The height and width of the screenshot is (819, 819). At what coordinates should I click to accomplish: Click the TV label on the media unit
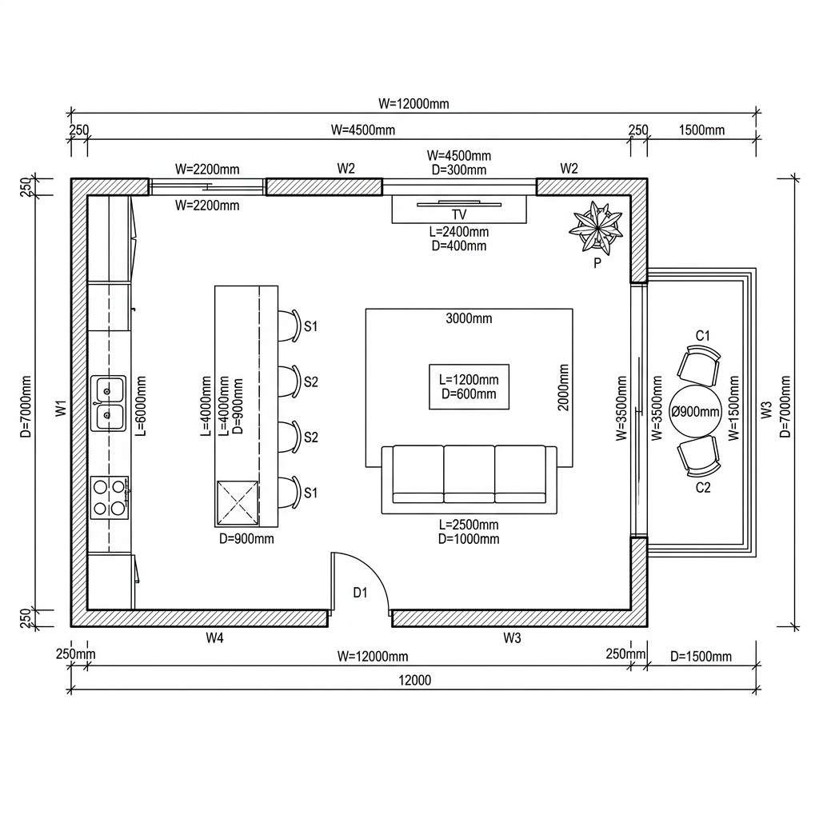pos(458,214)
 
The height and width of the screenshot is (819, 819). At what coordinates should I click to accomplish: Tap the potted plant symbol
pos(596,226)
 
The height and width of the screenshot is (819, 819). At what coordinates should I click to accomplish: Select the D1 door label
pos(361,593)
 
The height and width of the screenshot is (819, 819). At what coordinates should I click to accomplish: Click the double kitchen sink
pos(108,403)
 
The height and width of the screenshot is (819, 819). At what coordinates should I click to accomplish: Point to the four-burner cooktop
pos(109,497)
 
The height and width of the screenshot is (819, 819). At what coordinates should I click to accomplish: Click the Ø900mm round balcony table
pos(695,412)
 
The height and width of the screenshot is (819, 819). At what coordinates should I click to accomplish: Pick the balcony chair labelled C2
pos(699,457)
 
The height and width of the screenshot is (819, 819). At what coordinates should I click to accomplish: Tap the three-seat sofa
pos(469,479)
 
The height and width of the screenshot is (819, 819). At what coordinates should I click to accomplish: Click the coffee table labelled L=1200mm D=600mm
pos(469,386)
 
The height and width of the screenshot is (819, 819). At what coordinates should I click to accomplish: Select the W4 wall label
pos(214,637)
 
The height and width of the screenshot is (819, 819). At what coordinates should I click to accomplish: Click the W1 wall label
pos(62,408)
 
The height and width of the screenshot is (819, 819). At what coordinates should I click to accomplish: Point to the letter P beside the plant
pos(597,263)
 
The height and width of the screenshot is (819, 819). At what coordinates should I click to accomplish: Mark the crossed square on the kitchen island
pos(238,502)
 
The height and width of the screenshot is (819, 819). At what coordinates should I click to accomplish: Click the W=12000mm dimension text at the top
pos(413,103)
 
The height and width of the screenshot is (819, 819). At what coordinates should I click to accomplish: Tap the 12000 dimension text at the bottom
pos(415,680)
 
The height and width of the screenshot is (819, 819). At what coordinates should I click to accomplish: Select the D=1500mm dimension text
pos(701,656)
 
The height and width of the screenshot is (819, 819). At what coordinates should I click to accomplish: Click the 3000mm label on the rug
pos(469,318)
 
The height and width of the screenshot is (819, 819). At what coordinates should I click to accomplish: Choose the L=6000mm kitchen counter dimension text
pos(141,406)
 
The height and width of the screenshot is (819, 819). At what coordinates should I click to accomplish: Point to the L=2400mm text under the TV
pos(459,231)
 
